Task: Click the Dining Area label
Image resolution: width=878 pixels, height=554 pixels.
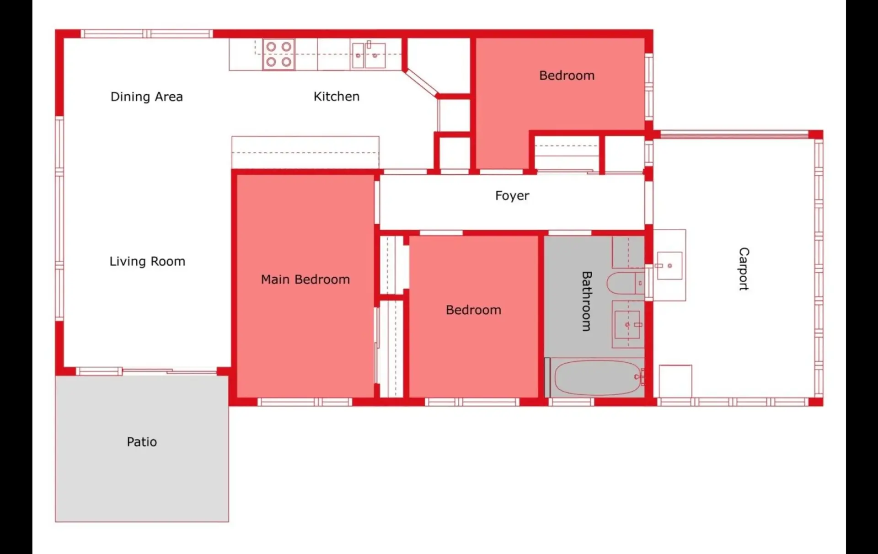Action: pyautogui.click(x=147, y=97)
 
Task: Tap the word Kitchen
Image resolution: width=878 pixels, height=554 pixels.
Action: pyautogui.click(x=337, y=97)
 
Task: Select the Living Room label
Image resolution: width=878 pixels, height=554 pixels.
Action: pyautogui.click(x=147, y=262)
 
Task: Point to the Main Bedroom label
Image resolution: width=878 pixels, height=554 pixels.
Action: pyautogui.click(x=305, y=280)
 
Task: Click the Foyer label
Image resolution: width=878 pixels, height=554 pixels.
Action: pyautogui.click(x=512, y=196)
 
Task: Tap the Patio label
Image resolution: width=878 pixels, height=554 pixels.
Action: pyautogui.click(x=142, y=442)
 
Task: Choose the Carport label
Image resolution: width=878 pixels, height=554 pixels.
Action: pyautogui.click(x=744, y=269)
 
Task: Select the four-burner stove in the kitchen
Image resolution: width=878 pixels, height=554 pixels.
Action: pyautogui.click(x=278, y=54)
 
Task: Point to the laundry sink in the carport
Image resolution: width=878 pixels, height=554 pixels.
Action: pyautogui.click(x=669, y=265)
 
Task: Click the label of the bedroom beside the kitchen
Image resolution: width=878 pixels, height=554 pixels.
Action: pyautogui.click(x=567, y=75)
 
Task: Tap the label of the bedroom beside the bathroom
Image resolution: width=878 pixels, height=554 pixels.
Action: pyautogui.click(x=474, y=310)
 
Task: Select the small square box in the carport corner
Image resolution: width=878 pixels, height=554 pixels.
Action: pyautogui.click(x=675, y=381)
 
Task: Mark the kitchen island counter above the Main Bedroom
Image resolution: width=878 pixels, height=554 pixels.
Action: pyautogui.click(x=305, y=152)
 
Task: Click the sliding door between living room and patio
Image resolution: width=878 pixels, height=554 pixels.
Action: pyautogui.click(x=146, y=371)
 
